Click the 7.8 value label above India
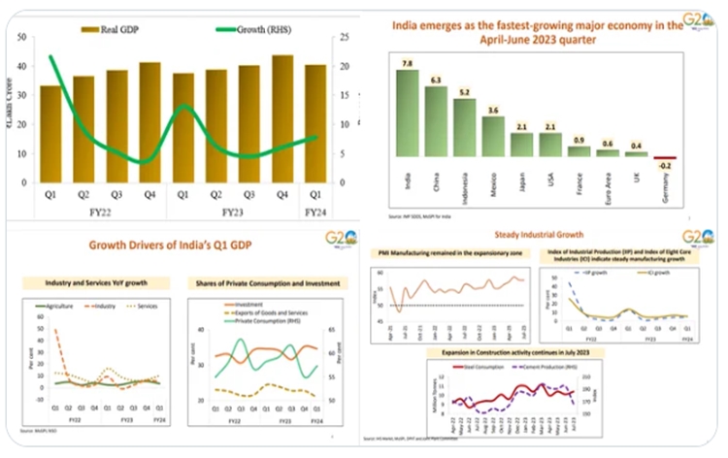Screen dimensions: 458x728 click(408, 63)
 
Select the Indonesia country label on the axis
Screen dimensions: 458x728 click(465, 185)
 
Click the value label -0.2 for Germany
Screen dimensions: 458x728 click(664, 167)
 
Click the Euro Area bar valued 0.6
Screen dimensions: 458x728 click(608, 153)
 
